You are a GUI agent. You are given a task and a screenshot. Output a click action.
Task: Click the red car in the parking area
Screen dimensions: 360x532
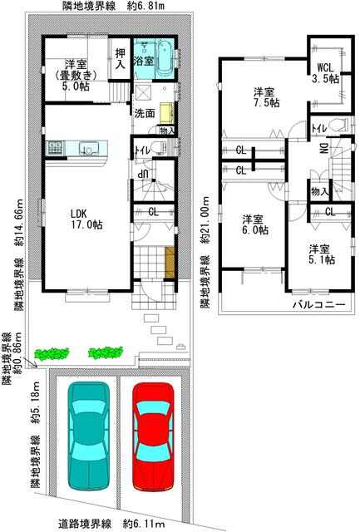coord(153,437)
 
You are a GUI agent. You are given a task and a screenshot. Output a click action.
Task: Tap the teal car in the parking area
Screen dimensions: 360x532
coord(89,436)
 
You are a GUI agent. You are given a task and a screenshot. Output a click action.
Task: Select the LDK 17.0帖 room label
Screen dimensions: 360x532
coord(86,219)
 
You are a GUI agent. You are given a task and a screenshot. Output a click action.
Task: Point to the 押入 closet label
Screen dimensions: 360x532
coord(120,58)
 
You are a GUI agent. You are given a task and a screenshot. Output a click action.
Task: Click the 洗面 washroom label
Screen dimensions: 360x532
coord(144,113)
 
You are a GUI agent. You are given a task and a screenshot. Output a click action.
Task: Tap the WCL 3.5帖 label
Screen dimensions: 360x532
coord(325,72)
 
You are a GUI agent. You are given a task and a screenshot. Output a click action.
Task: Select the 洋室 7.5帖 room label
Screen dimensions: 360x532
coord(267,97)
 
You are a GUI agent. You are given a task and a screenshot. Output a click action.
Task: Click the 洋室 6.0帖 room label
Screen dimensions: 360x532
coord(254,224)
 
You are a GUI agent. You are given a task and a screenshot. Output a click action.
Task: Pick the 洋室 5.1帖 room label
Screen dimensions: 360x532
coord(321,254)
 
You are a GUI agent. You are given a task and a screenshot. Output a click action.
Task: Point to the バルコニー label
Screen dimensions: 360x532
coord(319,305)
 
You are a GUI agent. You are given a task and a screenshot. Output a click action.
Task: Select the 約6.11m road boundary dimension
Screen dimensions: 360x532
coord(144,524)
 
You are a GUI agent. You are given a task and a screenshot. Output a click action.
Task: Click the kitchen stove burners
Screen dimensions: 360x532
coord(55,148)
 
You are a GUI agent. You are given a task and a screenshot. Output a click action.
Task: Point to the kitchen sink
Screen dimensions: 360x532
coord(89,148)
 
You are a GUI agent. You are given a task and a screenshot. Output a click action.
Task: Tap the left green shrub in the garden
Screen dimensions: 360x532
coord(52,353)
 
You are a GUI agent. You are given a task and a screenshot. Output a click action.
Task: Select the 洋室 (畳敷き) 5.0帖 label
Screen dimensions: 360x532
coord(76,75)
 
